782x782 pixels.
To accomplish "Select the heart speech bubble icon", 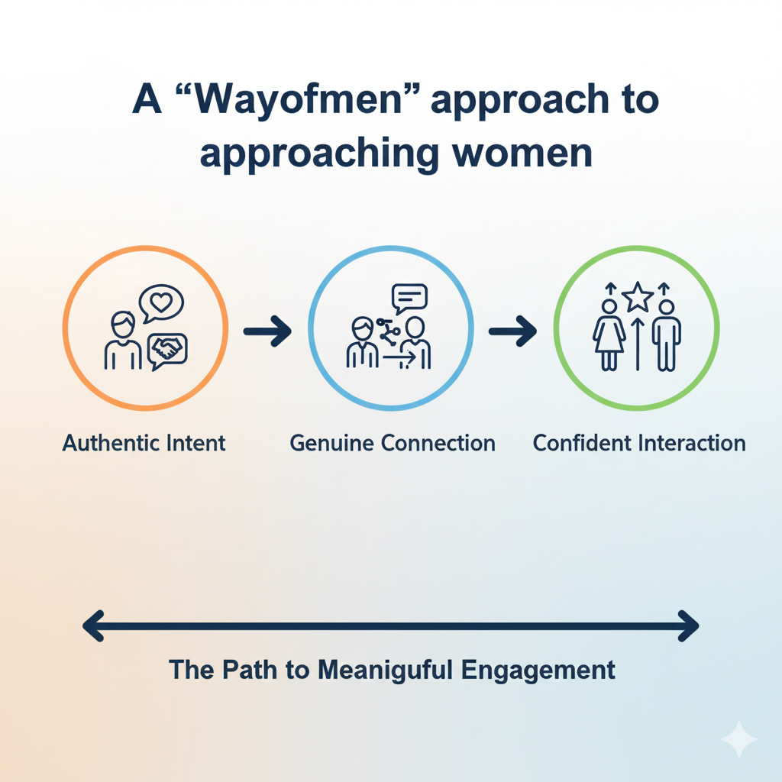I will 161,303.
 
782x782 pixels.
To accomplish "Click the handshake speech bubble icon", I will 168,351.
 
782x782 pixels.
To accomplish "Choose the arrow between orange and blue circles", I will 267,331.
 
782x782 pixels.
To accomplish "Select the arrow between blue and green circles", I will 512,330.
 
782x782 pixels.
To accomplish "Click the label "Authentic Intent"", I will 144,443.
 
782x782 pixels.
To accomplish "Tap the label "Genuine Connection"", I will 392,443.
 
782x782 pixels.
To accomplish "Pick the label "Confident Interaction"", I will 638,443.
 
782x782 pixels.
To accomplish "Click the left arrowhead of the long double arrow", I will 93,626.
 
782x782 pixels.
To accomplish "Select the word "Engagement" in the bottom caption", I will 538,670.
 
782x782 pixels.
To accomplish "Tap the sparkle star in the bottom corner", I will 738,739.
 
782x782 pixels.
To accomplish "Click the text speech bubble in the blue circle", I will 409,296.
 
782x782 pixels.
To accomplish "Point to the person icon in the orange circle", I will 122,341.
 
